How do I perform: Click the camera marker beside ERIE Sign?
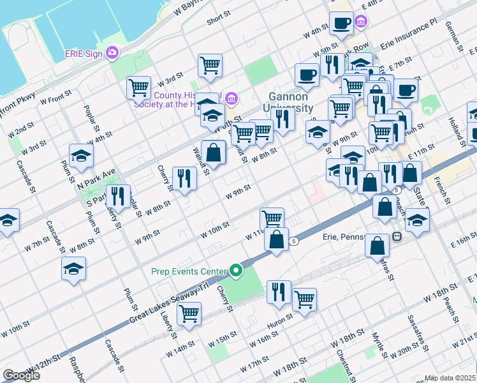(x=114, y=52)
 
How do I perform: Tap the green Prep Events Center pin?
(x=237, y=271)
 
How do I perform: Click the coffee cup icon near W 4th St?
(x=341, y=23)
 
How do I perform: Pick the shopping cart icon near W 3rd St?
(x=138, y=87)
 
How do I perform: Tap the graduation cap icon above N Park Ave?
(x=81, y=156)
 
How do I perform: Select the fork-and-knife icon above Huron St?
(x=277, y=292)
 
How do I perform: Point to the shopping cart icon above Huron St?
(x=304, y=299)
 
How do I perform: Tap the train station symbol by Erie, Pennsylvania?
(x=397, y=236)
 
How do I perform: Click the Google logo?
(x=21, y=375)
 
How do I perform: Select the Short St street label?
(x=218, y=20)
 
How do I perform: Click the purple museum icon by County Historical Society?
(x=231, y=98)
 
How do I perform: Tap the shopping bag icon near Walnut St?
(x=214, y=152)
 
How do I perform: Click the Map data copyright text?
(x=449, y=378)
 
